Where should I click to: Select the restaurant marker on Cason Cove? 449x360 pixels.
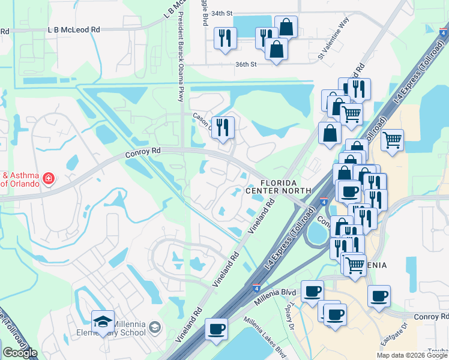pyautogui.click(x=223, y=127)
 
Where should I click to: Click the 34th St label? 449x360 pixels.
pyautogui.click(x=221, y=13)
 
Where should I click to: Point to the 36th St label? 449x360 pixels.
pyautogui.click(x=246, y=64)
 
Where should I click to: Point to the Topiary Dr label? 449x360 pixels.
pyautogui.click(x=288, y=319)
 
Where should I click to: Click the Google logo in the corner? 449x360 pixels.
pyautogui.click(x=20, y=353)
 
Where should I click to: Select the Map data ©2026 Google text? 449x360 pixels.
pyautogui.click(x=412, y=355)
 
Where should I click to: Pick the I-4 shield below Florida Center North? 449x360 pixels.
pyautogui.click(x=323, y=203)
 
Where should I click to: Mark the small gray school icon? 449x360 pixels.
pyautogui.click(x=155, y=327)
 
